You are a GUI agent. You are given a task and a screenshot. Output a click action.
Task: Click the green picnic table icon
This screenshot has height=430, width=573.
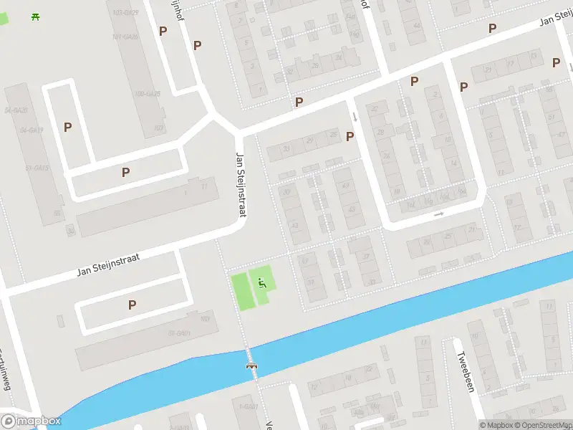click(35, 16)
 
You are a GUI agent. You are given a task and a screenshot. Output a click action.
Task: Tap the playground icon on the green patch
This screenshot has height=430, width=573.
click(261, 282)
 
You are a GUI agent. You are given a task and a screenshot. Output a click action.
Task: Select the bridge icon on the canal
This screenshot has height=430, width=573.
click(252, 366)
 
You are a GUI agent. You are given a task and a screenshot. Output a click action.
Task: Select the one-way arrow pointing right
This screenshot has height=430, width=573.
click(439, 214)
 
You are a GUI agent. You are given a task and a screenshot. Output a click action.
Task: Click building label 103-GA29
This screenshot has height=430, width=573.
click(125, 13)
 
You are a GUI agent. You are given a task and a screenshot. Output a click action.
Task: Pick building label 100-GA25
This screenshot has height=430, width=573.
click(147, 93)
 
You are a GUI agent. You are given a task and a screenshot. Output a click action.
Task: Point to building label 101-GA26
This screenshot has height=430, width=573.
click(125, 36)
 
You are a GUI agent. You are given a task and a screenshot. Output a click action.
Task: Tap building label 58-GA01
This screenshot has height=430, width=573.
click(178, 333)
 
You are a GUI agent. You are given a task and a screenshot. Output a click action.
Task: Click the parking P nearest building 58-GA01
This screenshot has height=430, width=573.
click(132, 305)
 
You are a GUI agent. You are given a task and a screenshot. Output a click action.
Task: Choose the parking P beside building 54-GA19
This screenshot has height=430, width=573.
click(67, 128)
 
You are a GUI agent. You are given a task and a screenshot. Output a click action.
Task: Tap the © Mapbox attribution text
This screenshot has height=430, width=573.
click(496, 425)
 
